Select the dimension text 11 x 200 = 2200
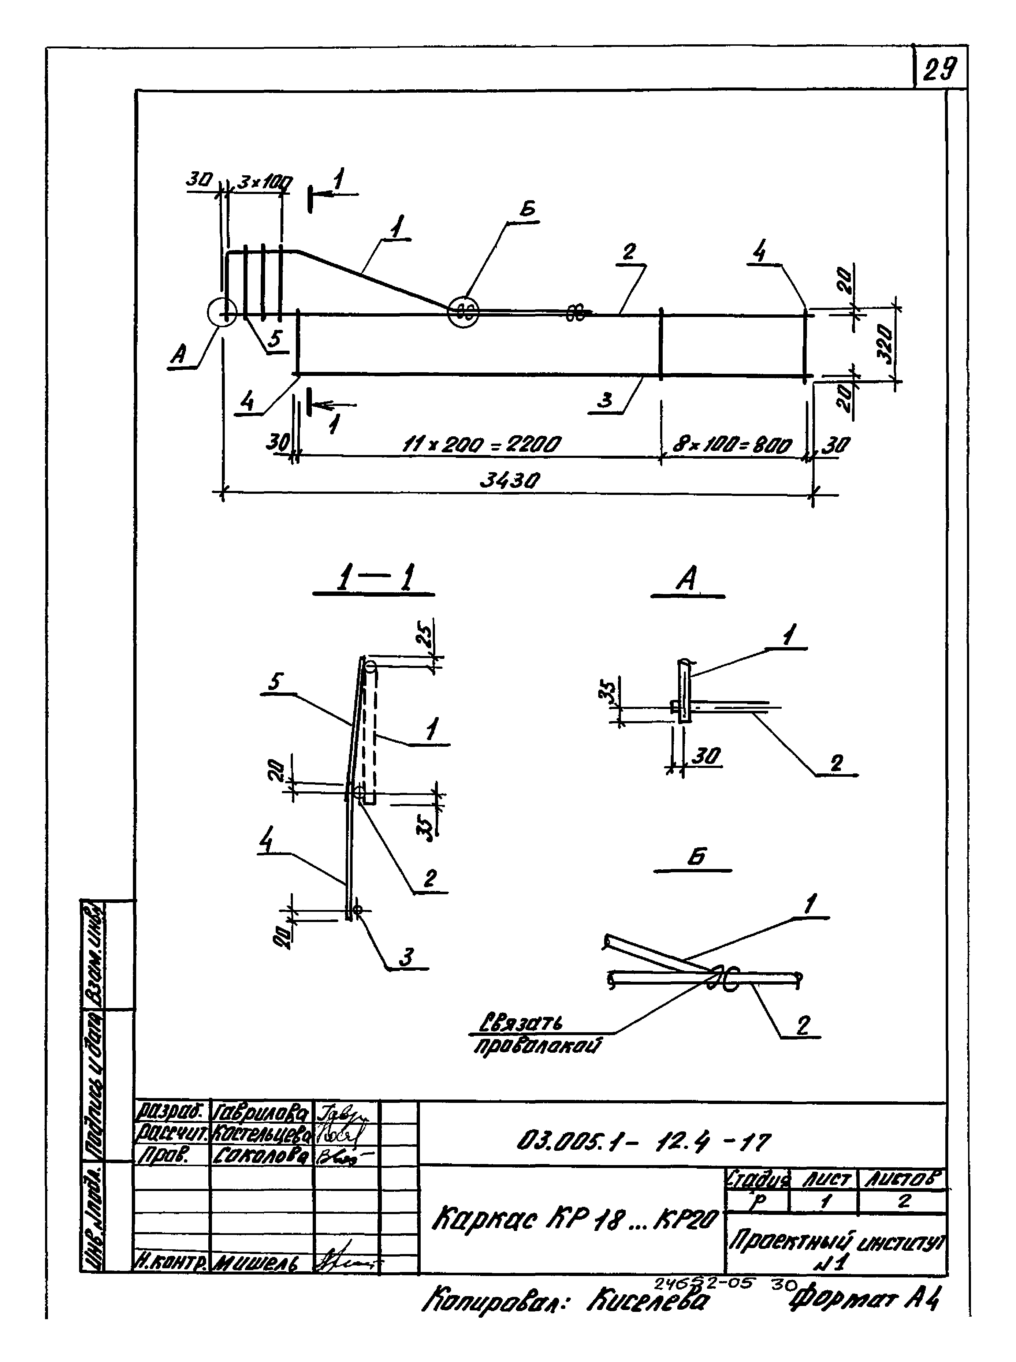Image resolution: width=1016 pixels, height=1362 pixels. [481, 444]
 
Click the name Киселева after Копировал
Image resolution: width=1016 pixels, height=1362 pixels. [648, 1299]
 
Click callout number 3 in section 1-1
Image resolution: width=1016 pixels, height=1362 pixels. [406, 956]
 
